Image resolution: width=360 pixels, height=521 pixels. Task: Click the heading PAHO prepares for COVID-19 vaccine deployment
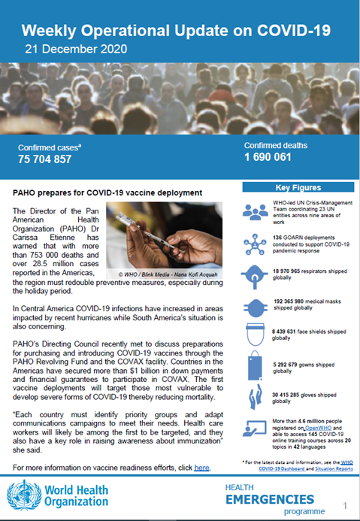click(108, 193)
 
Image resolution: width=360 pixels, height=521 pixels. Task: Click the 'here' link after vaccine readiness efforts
click(201, 468)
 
